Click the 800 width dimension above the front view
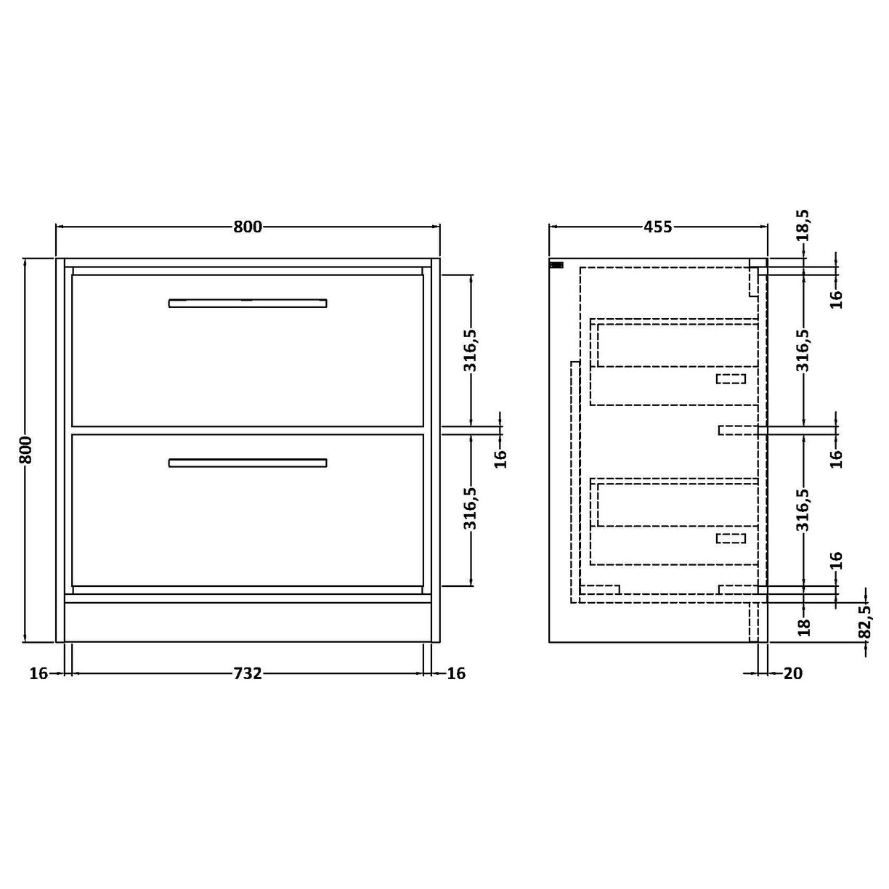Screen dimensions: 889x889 [x=247, y=227]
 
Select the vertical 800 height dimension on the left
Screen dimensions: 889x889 [x=25, y=450]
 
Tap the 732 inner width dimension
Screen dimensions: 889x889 [x=247, y=673]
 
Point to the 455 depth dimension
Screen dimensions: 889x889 [x=657, y=227]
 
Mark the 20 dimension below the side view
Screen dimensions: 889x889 [x=793, y=673]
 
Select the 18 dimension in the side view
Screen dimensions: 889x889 [x=803, y=627]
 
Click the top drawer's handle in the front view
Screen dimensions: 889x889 [x=248, y=303]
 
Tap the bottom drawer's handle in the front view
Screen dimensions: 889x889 [x=248, y=463]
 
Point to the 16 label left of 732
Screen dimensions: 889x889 [x=38, y=673]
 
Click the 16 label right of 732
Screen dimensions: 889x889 [x=455, y=673]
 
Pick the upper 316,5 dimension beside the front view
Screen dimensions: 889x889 [x=471, y=350]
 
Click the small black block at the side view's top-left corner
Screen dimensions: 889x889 [x=557, y=265]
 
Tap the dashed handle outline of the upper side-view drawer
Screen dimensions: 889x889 [x=731, y=378]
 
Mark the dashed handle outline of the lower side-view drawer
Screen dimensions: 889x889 [x=731, y=538]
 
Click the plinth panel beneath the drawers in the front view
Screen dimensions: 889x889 [x=248, y=621]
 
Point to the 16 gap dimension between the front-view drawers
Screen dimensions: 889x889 [x=500, y=458]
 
